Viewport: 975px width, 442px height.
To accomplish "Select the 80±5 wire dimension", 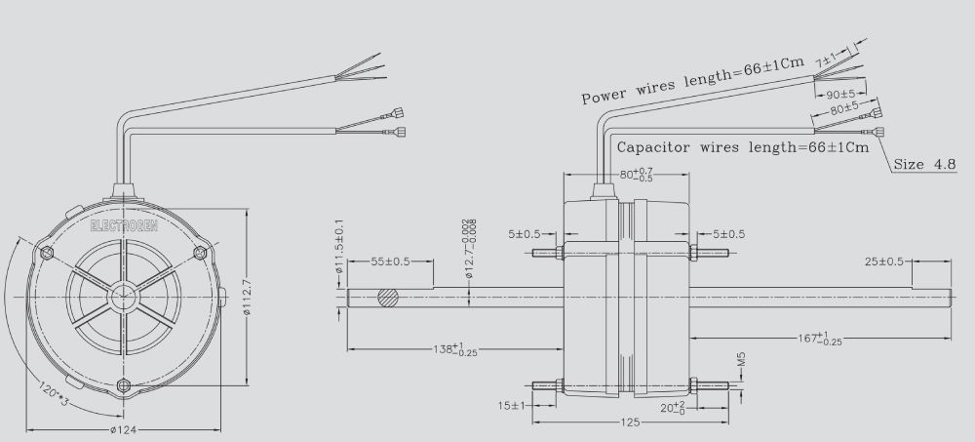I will (843, 111).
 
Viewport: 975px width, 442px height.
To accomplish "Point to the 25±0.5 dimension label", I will (885, 262).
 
